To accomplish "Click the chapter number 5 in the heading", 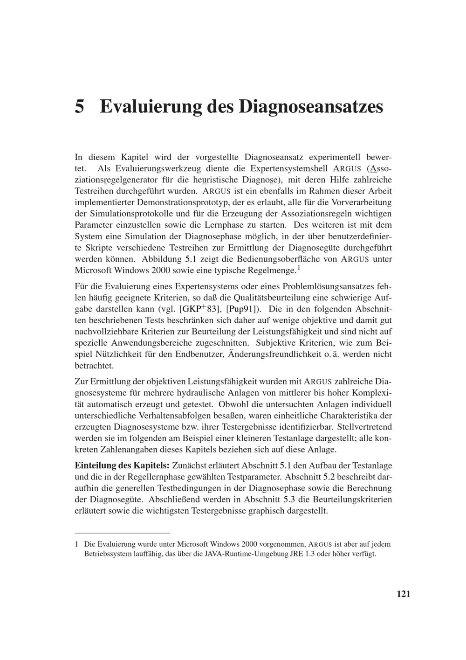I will (80, 106).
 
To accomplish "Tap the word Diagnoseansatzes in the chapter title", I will (311, 106).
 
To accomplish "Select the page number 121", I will (403, 594).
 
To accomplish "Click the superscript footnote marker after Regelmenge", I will (299, 268).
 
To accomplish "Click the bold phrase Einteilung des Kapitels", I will (122, 465).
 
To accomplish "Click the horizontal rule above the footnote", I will (123, 532).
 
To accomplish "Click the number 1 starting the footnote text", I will (77, 544).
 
